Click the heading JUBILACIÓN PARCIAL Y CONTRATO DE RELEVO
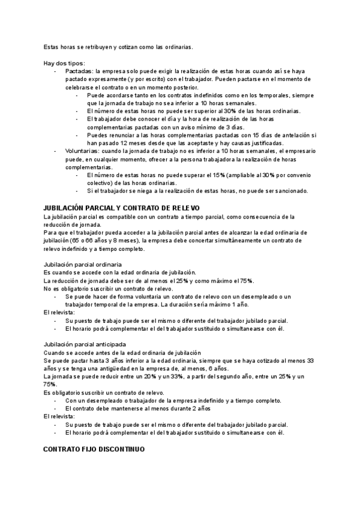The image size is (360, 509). tap(118, 207)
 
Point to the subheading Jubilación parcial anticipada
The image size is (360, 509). tap(85, 344)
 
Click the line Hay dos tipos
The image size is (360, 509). tap(64, 63)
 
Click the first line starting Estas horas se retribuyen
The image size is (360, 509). tap(118, 47)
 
